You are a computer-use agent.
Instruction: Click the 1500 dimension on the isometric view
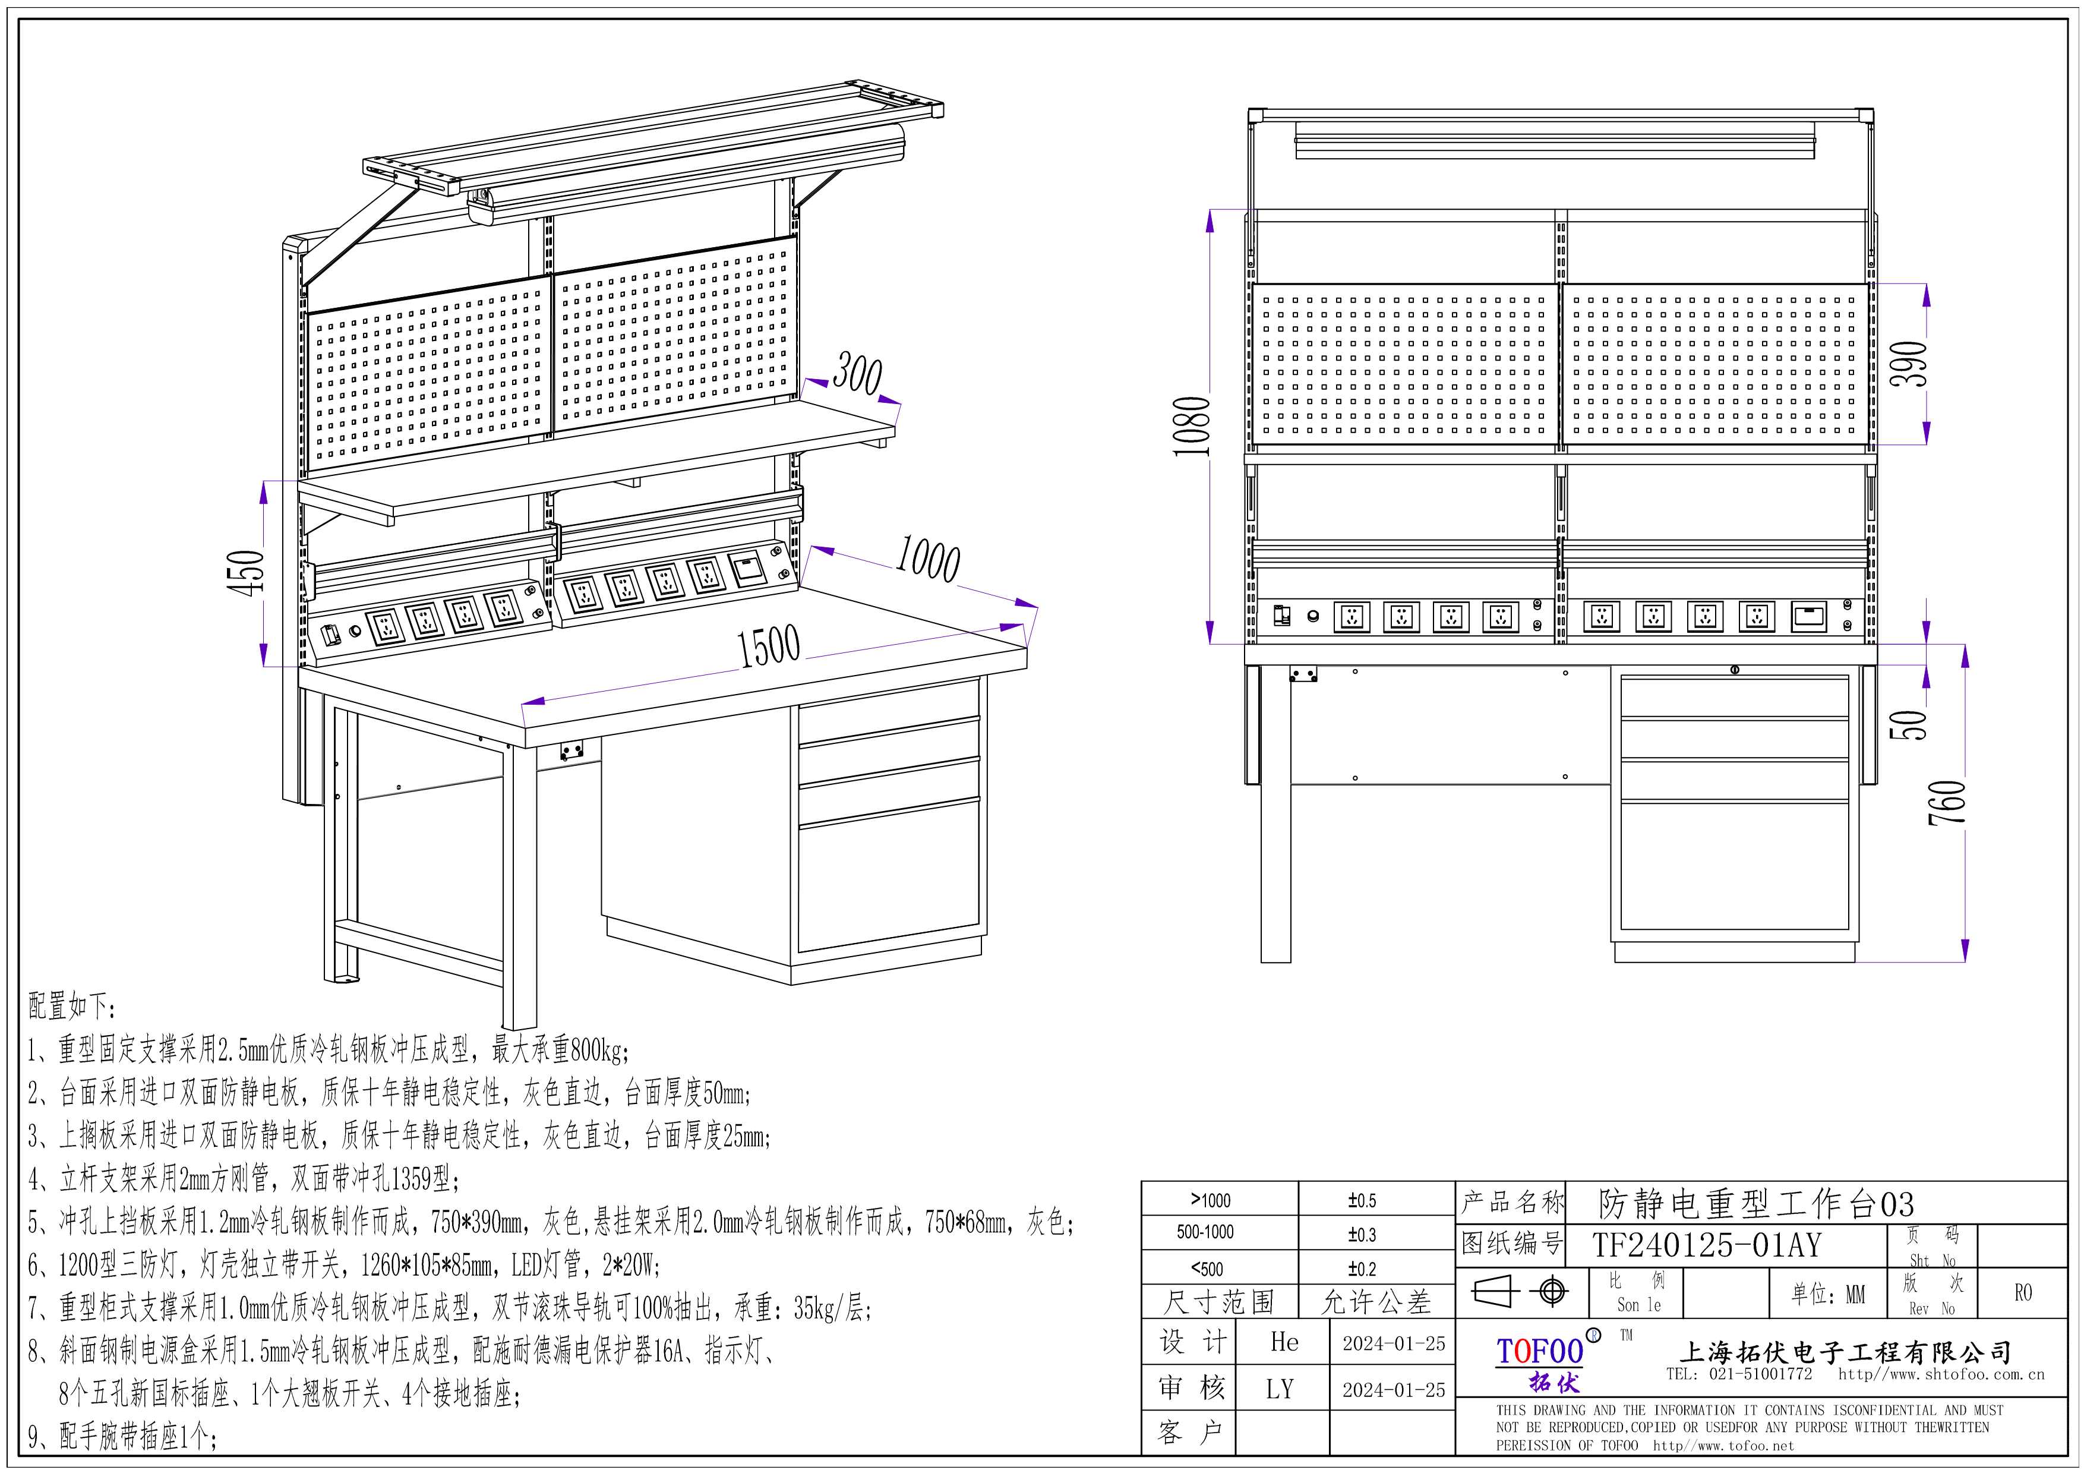768,646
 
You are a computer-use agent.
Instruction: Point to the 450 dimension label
246,573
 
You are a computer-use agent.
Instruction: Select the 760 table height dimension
1947,802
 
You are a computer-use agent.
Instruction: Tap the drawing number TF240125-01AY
1706,1245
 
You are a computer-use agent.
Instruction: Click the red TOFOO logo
1539,1351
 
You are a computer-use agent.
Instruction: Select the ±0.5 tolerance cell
1362,1201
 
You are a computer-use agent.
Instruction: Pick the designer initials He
1283,1342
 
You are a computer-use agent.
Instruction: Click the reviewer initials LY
1280,1389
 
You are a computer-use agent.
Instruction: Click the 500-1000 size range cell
1205,1232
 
